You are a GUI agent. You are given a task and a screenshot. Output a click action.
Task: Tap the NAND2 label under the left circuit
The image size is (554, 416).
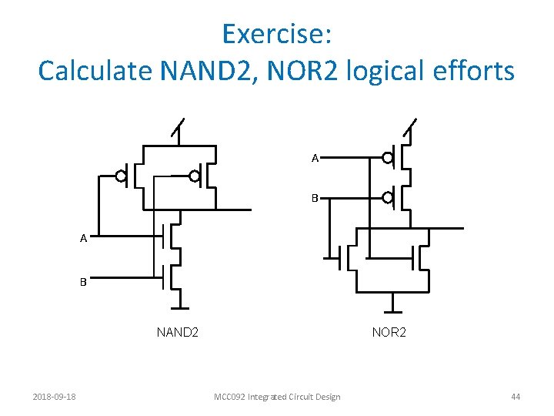[x=178, y=333]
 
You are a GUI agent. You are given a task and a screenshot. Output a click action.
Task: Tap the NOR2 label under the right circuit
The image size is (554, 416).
[x=389, y=333]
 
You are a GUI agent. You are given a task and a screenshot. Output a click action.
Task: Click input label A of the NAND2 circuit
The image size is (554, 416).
[x=83, y=239]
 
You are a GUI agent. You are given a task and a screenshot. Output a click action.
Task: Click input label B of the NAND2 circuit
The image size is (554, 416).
[x=83, y=282]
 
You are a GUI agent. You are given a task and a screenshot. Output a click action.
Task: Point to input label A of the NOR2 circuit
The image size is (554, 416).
[x=315, y=159]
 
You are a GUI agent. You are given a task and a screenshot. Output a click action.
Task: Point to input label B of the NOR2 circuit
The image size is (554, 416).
[x=315, y=198]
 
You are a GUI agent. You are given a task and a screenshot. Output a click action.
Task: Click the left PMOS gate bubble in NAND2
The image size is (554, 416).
[x=121, y=176]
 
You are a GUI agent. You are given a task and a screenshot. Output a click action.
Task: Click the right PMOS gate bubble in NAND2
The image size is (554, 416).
[x=195, y=176]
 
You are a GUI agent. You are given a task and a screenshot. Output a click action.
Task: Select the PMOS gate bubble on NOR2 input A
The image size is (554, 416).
[x=389, y=159]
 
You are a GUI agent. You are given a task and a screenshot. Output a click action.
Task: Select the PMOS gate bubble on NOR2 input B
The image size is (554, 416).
[x=389, y=198]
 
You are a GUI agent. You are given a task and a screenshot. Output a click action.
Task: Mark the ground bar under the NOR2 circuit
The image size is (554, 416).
[x=392, y=311]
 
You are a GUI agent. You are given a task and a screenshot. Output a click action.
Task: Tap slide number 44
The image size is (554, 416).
[x=516, y=397]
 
